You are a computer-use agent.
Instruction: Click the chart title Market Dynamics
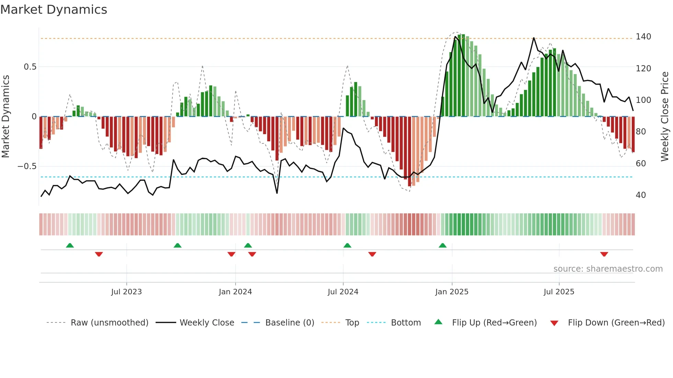pyautogui.click(x=54, y=10)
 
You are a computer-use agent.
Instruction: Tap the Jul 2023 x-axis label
pyautogui.click(x=126, y=292)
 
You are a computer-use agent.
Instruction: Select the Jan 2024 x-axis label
pyautogui.click(x=235, y=292)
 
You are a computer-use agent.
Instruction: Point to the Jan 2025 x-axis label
pyautogui.click(x=452, y=292)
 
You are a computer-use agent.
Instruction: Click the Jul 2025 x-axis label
pyautogui.click(x=559, y=292)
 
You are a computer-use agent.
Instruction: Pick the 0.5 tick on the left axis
pyautogui.click(x=30, y=67)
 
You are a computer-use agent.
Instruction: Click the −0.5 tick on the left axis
pyautogui.click(x=27, y=166)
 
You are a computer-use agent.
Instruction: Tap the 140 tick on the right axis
pyautogui.click(x=643, y=37)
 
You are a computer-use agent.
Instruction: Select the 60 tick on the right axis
pyautogui.click(x=641, y=164)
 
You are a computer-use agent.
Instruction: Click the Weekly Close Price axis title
pyautogui.click(x=665, y=117)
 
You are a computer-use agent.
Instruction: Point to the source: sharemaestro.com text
pyautogui.click(x=608, y=269)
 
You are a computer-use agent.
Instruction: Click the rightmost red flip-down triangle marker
pyautogui.click(x=604, y=254)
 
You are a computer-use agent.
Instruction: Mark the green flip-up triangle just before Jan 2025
pyautogui.click(x=443, y=245)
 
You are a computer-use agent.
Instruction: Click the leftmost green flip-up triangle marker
pyautogui.click(x=70, y=245)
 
